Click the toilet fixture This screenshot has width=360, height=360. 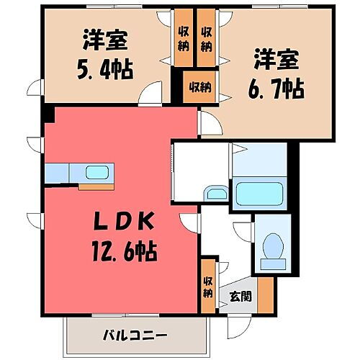click(272, 248)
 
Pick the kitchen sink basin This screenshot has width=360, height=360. click(95, 173)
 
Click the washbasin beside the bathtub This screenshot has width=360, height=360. click(215, 193)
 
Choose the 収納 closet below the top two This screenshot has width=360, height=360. click(199, 87)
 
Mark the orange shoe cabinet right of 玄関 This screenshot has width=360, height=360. click(265, 292)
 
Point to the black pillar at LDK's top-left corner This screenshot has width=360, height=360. click(48, 114)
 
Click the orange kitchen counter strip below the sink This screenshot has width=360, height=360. click(96, 186)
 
